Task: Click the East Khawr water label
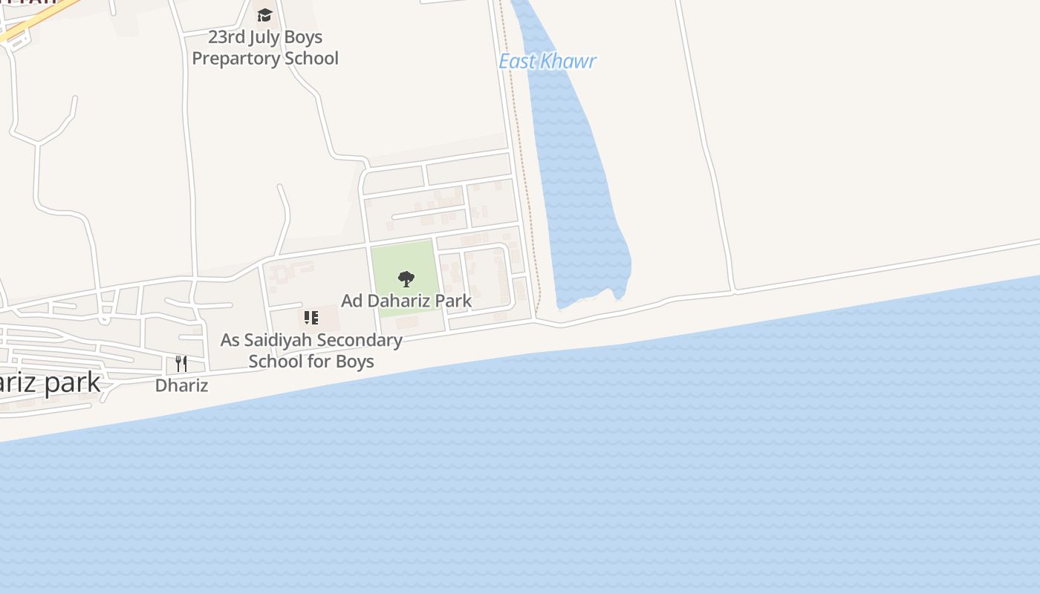(547, 61)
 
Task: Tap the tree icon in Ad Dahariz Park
(406, 279)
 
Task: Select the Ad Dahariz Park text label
(406, 301)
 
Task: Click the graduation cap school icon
(264, 16)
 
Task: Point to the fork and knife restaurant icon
(181, 363)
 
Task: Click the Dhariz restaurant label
(181, 386)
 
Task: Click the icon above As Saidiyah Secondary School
(311, 318)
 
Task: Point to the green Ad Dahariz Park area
(401, 260)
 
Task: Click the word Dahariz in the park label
(401, 301)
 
